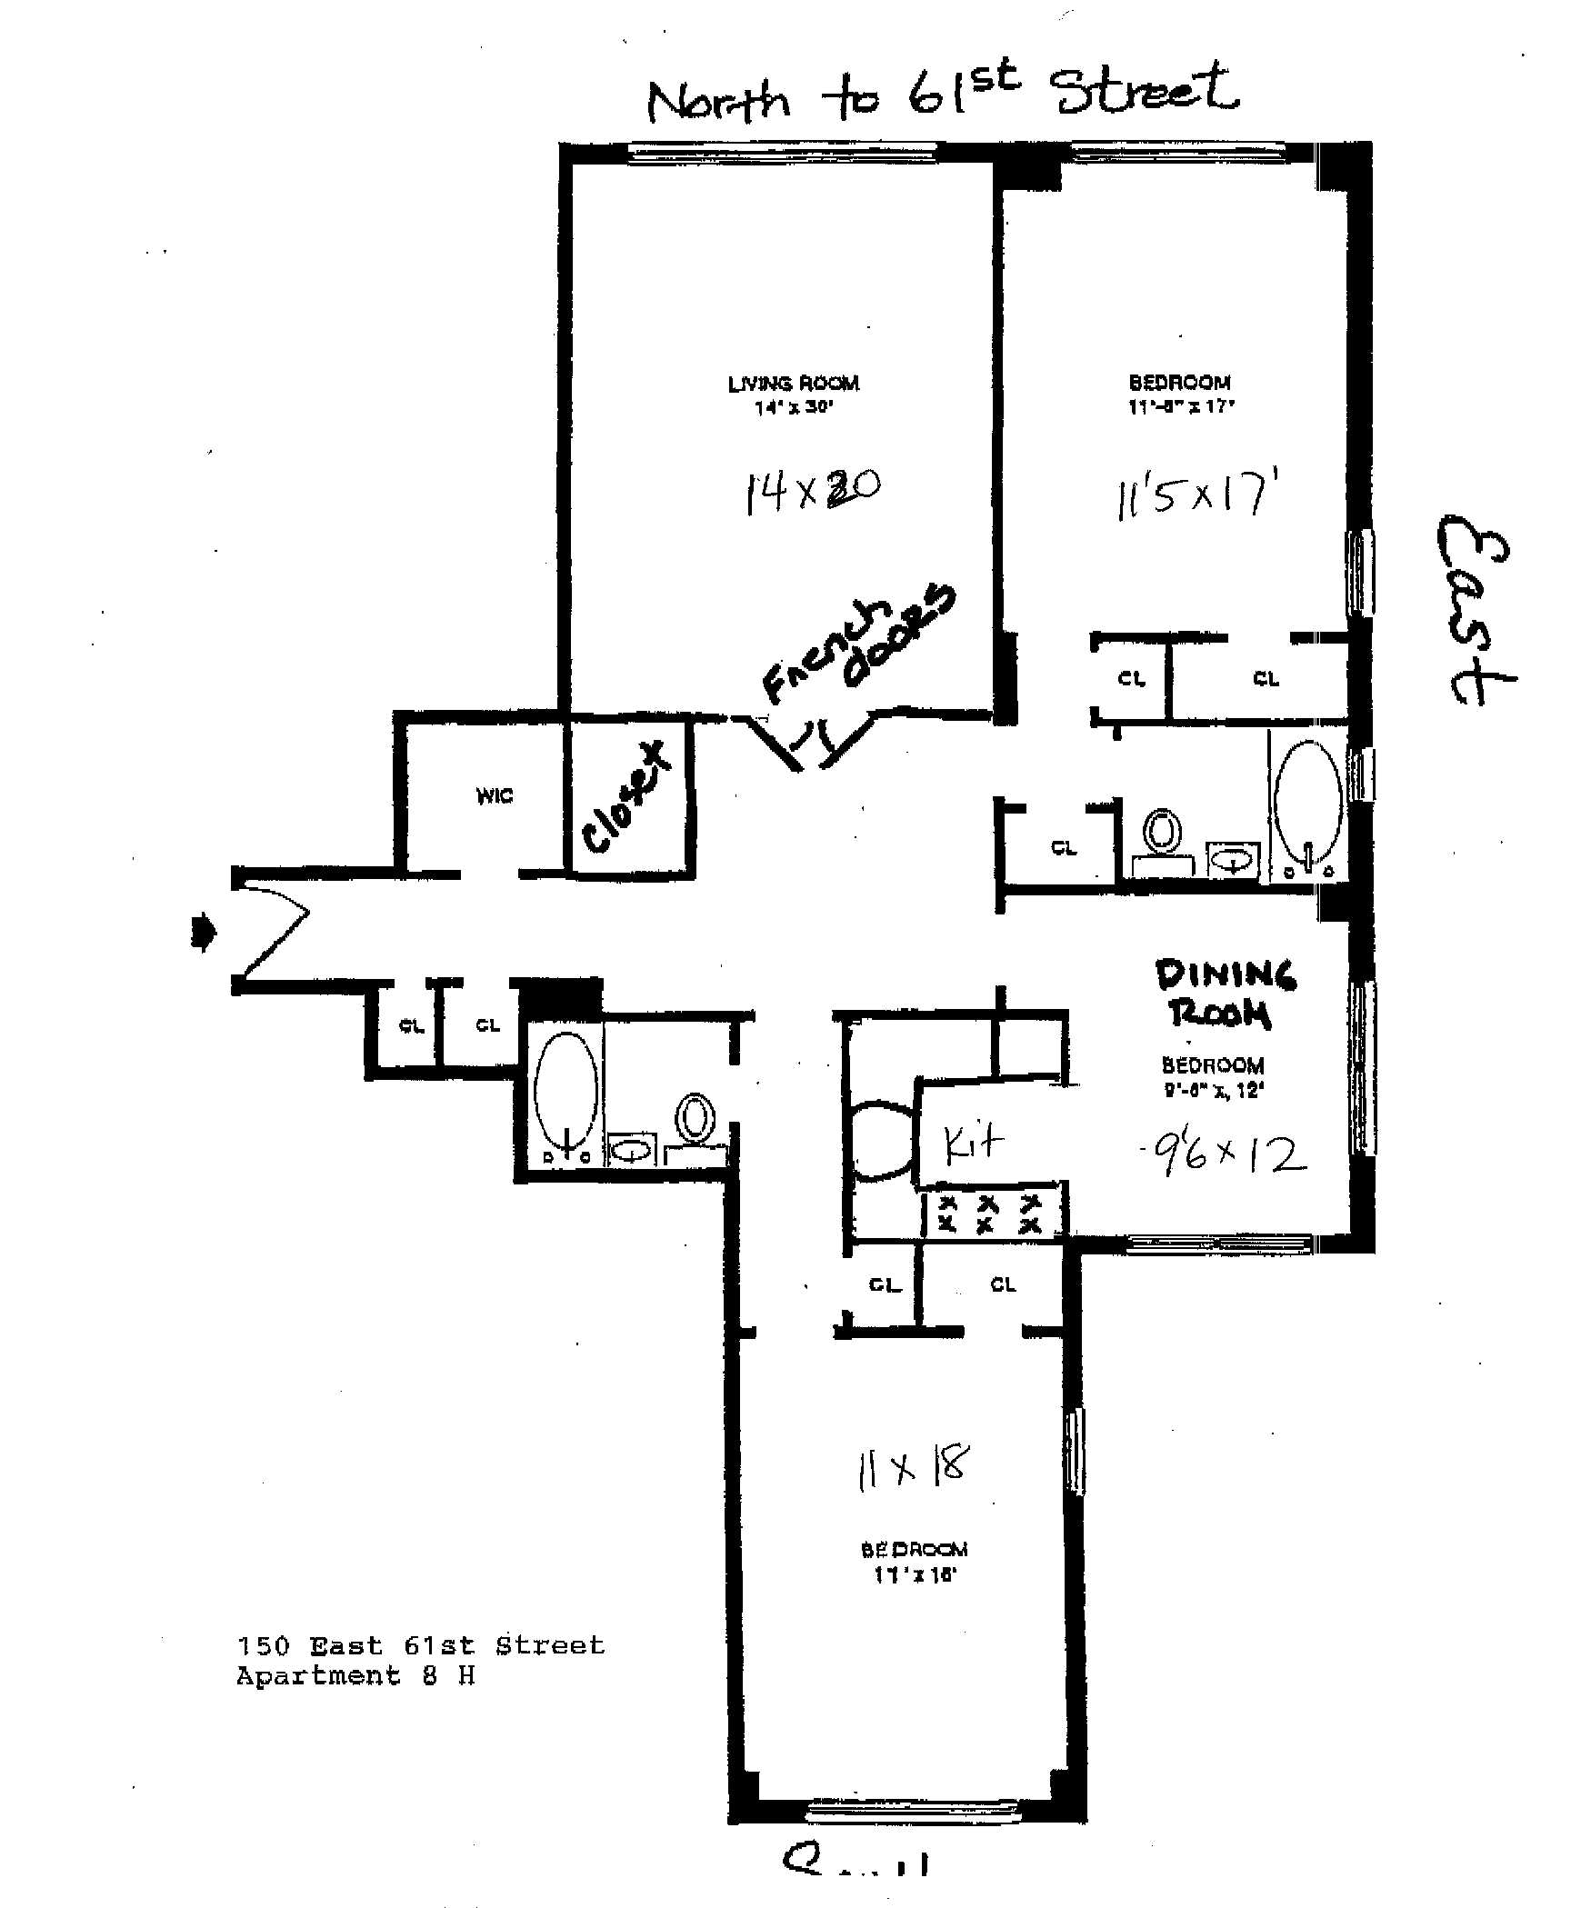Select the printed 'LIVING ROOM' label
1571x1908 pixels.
coord(793,384)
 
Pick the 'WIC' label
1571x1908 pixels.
coord(494,796)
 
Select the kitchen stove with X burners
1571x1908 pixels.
coord(992,1213)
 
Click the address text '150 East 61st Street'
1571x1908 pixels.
coord(420,1646)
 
